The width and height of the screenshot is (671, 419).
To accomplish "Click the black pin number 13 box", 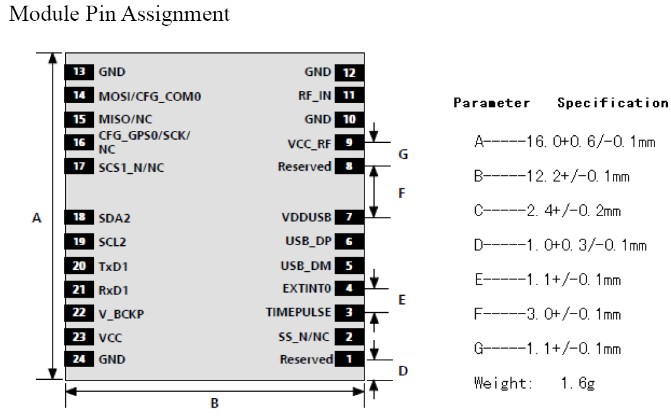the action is tap(79, 72).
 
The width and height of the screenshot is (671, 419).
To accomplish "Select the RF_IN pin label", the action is tap(315, 96).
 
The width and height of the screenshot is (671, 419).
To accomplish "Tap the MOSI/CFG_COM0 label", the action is tap(150, 97).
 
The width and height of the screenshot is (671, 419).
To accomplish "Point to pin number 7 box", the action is tap(349, 217).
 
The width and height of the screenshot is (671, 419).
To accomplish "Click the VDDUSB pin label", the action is tap(306, 217).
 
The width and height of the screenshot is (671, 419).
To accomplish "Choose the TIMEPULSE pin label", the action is tap(299, 312).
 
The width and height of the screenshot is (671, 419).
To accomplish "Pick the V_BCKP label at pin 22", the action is tap(121, 314).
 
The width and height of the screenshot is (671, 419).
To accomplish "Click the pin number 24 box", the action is tap(79, 359).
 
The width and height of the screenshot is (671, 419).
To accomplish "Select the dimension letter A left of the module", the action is tap(37, 218).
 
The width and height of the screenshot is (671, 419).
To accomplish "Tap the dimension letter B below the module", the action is tap(215, 403).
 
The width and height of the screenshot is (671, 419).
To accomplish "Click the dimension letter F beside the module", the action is tap(402, 193).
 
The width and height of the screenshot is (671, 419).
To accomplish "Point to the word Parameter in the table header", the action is tap(492, 103).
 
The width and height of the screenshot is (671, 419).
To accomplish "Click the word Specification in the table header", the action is tap(612, 103).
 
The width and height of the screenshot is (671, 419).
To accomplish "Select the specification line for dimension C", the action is tap(547, 210).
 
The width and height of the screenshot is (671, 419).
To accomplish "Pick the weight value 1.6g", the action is tap(578, 383).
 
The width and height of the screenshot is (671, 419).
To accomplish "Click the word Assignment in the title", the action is tap(176, 14).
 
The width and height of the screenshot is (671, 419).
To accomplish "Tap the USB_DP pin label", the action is tap(308, 241).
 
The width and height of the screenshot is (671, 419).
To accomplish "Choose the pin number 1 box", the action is tap(349, 359).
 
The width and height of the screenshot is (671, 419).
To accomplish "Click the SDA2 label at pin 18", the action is tap(114, 218).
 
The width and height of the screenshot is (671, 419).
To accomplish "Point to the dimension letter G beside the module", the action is tap(403, 154).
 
